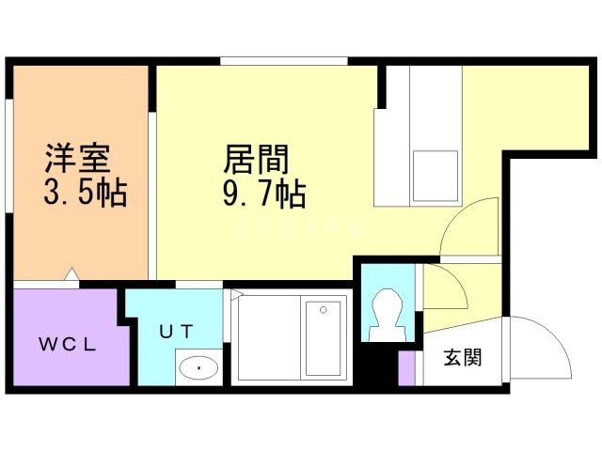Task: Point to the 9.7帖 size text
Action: [x=264, y=194]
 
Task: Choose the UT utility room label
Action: [x=175, y=331]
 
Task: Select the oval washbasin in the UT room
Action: [x=198, y=367]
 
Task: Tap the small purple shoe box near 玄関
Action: [x=406, y=367]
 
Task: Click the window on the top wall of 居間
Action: [x=284, y=62]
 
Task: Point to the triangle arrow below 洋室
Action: [x=71, y=276]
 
